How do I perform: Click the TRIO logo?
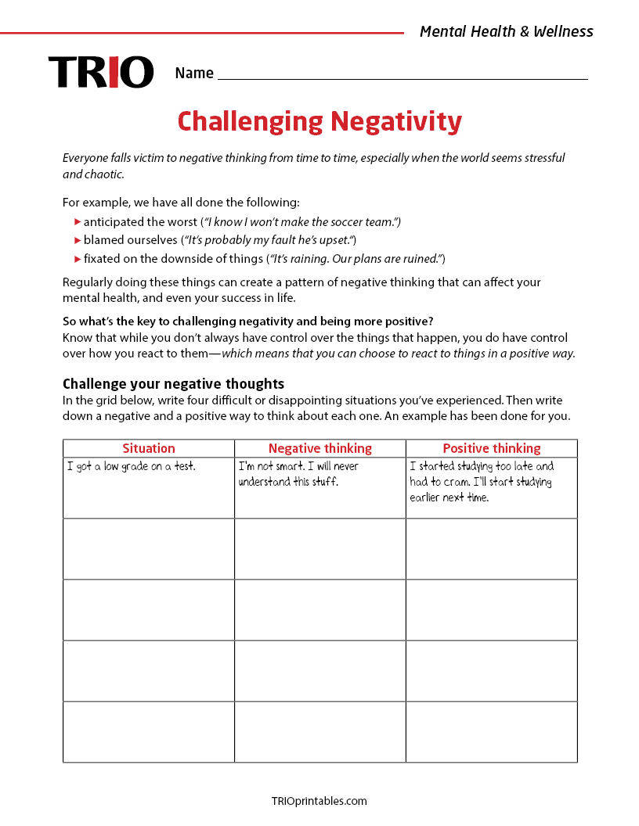(x=100, y=72)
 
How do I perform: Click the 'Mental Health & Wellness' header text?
(x=506, y=31)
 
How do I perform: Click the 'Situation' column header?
(x=149, y=448)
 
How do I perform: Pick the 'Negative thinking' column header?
(x=319, y=448)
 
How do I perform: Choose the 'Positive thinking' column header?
(x=491, y=448)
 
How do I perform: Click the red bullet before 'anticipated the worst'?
(x=78, y=222)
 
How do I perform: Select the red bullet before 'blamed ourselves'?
(x=78, y=240)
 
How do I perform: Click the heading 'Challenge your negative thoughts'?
(x=173, y=383)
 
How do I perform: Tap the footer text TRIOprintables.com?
(x=319, y=800)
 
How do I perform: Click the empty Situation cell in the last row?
(x=149, y=731)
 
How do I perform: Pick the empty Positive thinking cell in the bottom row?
(x=491, y=731)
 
